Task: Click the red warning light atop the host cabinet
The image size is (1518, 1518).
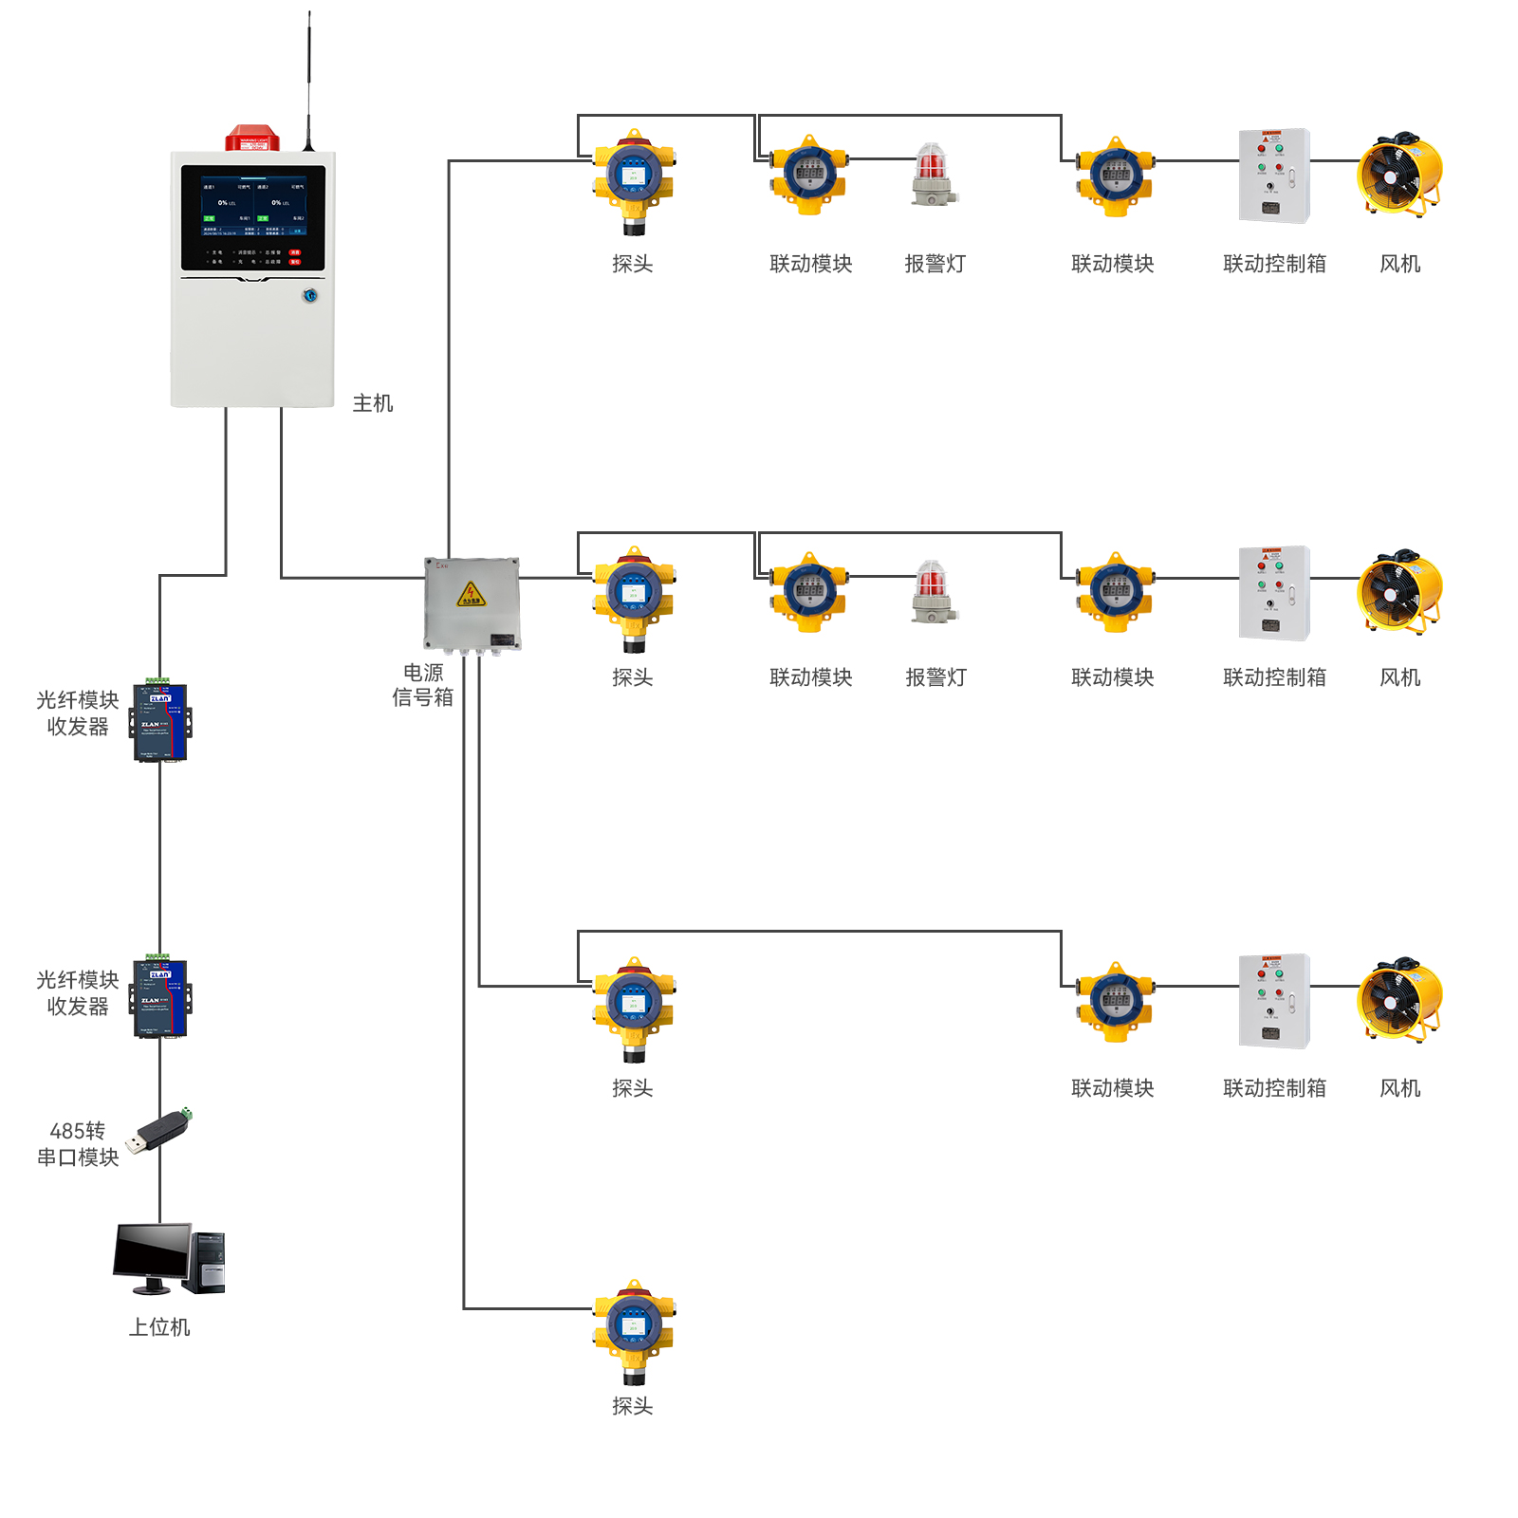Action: (252, 139)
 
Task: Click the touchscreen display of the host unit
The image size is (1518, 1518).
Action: (253, 217)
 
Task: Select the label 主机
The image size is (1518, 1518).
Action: (373, 403)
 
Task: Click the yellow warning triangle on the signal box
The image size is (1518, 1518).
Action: (471, 595)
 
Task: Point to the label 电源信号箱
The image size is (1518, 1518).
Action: (423, 685)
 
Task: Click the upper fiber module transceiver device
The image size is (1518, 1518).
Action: (161, 722)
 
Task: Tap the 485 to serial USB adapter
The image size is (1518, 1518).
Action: (160, 1130)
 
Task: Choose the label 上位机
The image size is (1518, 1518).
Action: (159, 1327)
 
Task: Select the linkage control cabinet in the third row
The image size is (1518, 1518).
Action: (1274, 1001)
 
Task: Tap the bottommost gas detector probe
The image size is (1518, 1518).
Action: (634, 1328)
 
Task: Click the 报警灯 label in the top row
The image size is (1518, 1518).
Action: (935, 264)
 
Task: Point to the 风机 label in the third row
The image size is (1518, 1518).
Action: (1400, 1088)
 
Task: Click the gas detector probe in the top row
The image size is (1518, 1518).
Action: (634, 180)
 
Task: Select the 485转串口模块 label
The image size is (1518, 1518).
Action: (78, 1144)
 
